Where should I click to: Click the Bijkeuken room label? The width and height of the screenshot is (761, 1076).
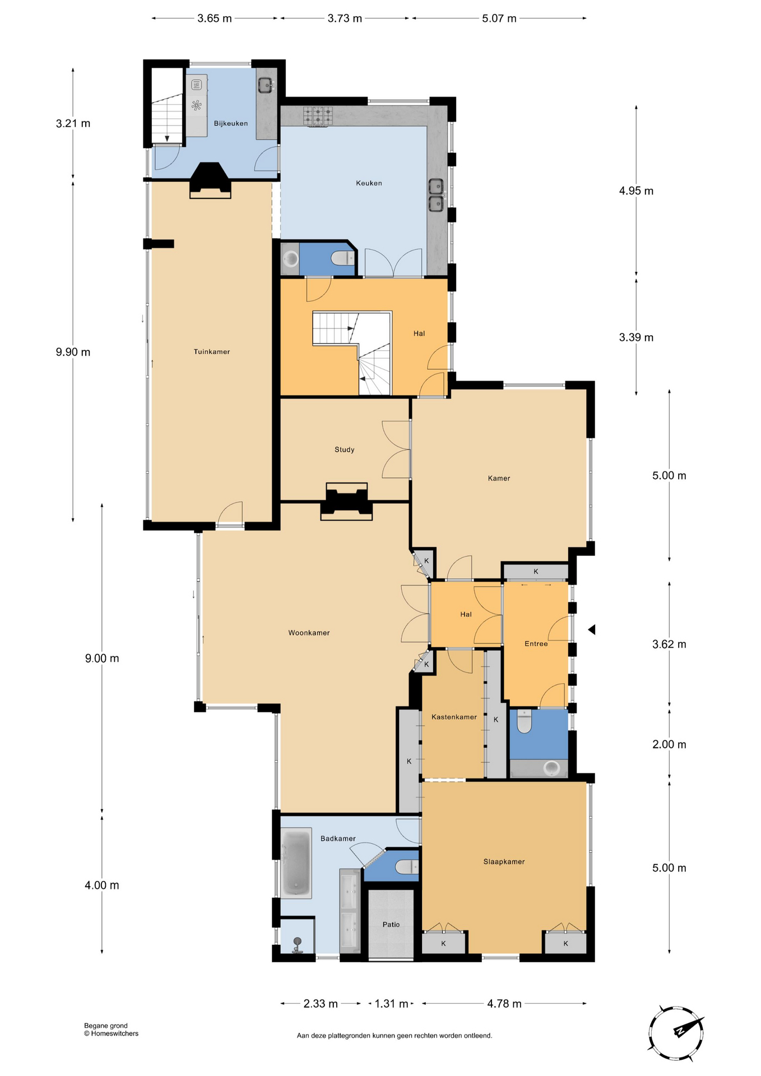230,123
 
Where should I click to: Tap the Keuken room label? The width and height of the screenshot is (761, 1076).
369,183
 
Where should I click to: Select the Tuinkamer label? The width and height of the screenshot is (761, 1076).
212,351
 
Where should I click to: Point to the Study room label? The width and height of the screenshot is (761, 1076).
344,449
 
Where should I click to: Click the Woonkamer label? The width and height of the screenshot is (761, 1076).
309,633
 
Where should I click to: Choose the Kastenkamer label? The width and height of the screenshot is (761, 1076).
454,717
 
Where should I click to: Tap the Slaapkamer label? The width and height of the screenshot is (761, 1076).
504,861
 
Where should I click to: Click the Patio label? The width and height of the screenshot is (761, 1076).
391,924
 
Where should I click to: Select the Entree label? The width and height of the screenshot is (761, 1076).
536,643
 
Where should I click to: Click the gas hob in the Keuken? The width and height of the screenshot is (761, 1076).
317,116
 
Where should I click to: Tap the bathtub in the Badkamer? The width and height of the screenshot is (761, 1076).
296,863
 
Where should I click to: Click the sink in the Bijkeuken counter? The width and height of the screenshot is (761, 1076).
266,85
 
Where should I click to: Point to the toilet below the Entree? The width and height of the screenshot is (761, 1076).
525,721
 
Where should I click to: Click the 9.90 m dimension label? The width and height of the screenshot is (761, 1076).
73,352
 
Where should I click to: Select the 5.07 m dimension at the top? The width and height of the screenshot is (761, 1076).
499,18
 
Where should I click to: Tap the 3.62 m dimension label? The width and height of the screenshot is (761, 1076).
669,644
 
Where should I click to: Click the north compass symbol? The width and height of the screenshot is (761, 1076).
676,1033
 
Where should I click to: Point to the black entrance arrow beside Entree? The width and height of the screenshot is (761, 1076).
591,630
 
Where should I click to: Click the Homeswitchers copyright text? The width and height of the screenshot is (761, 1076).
111,1033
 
